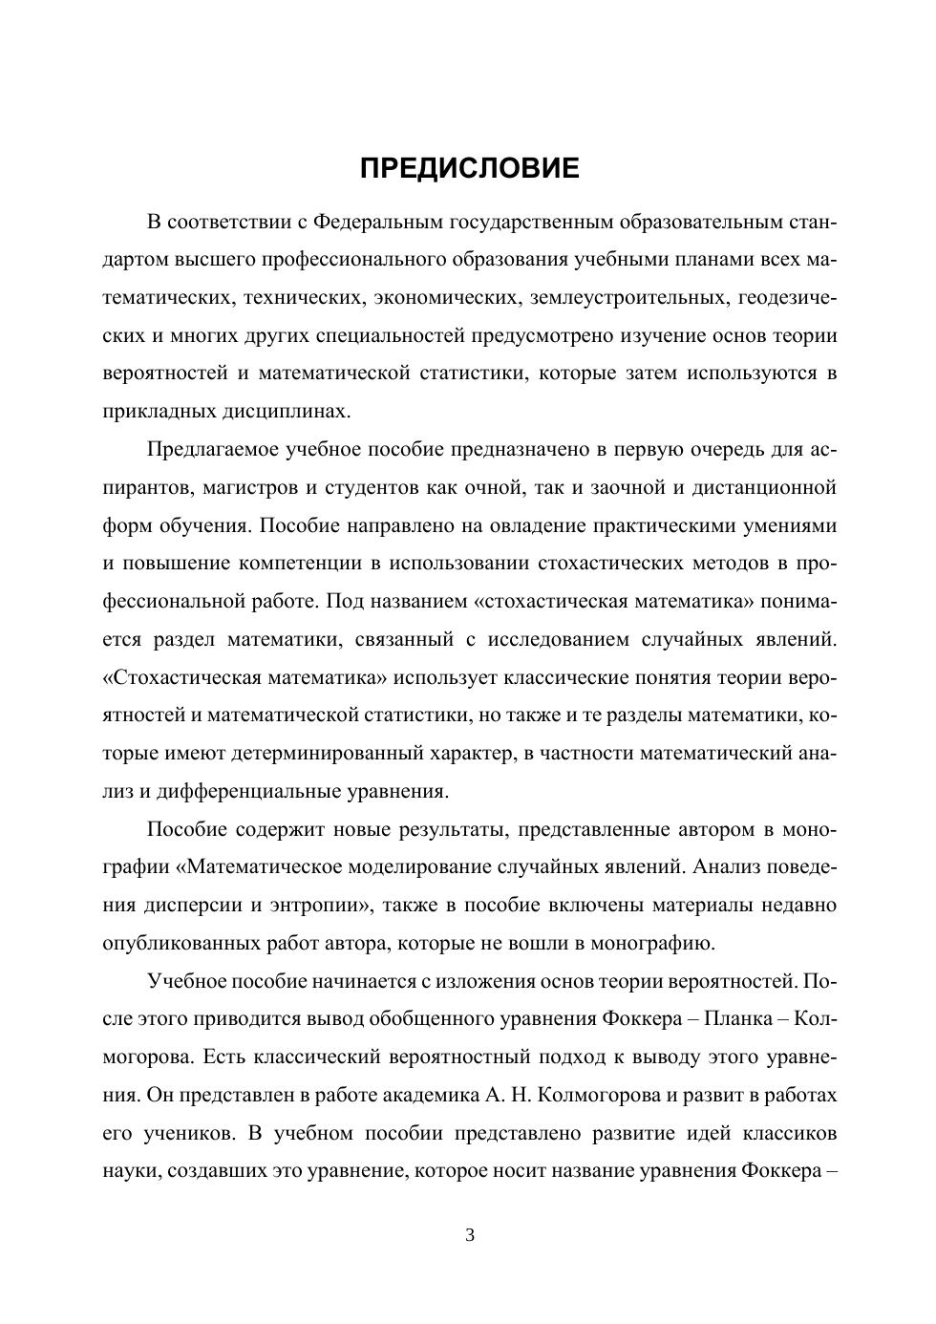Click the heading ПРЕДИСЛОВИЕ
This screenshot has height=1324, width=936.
[x=469, y=169]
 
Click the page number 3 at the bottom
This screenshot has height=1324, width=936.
[x=469, y=1235]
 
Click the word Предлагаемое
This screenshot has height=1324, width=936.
[x=211, y=449]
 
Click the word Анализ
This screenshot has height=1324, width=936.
[x=728, y=866]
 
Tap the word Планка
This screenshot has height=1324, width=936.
[x=735, y=1018]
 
